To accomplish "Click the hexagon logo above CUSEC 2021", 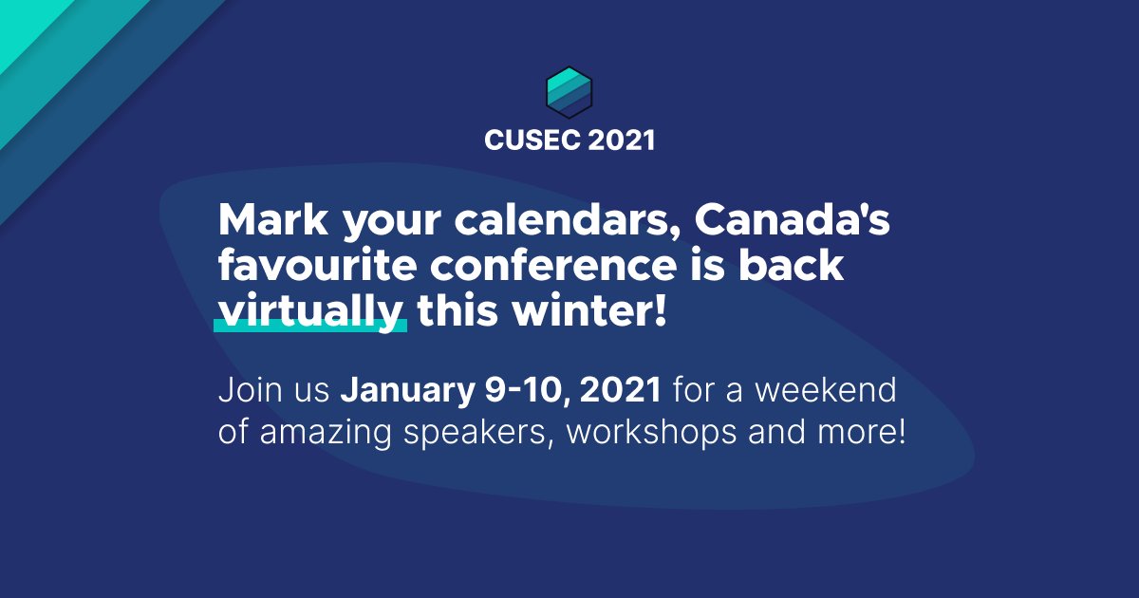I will tap(569, 91).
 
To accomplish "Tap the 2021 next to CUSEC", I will tap(621, 140).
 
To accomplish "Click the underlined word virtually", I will tap(311, 311).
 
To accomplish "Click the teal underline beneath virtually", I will tap(310, 327).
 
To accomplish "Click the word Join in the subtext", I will tap(248, 390).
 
